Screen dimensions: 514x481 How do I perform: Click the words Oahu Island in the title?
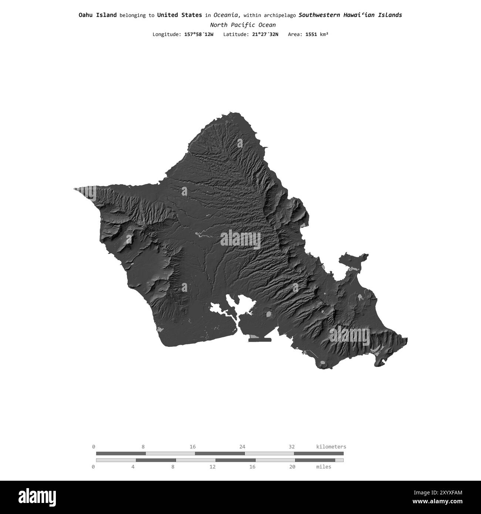point(97,15)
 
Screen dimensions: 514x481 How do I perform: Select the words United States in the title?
point(179,15)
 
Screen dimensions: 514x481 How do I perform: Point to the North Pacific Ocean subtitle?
point(243,25)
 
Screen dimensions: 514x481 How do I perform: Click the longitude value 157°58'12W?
point(199,34)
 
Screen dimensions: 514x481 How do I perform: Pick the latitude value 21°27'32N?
point(263,34)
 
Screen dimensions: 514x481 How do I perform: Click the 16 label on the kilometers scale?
point(192,447)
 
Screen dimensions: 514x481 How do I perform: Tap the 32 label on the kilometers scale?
point(292,447)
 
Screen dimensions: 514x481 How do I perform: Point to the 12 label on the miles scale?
point(212,467)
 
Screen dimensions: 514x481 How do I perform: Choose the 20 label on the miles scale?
point(292,467)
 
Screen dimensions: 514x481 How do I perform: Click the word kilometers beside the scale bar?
point(331,447)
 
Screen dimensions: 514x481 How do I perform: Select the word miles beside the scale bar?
point(324,467)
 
